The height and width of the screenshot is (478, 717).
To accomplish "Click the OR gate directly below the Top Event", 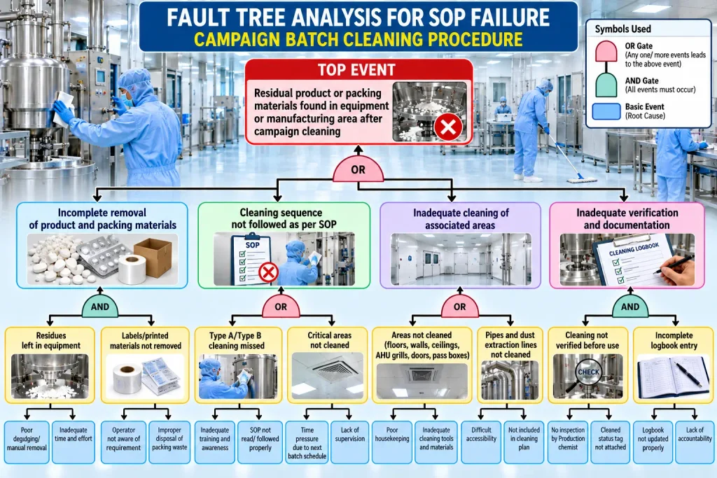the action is click(x=358, y=169).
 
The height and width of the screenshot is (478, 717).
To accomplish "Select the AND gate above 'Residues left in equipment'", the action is click(x=99, y=307).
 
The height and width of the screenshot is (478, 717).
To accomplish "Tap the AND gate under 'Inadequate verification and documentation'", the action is click(x=629, y=307).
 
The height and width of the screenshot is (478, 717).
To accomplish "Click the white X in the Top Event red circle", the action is click(x=447, y=127).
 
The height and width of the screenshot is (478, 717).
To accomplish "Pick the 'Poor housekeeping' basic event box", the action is click(x=392, y=442).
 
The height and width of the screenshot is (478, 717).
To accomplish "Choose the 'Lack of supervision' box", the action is click(x=350, y=442).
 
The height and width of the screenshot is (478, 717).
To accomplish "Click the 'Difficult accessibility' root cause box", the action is click(x=481, y=442).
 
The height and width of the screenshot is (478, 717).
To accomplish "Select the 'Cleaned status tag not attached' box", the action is click(x=610, y=442).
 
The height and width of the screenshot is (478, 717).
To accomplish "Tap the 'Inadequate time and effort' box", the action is click(x=73, y=442).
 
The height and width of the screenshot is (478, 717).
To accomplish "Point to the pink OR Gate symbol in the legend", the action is click(x=606, y=51).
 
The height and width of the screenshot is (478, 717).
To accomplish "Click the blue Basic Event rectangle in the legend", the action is click(x=606, y=111).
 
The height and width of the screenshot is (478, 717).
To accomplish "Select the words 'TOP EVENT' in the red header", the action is click(x=356, y=70).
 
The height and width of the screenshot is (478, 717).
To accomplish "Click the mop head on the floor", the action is click(x=581, y=179).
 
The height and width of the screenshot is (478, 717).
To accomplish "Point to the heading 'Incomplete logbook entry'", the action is click(x=674, y=340).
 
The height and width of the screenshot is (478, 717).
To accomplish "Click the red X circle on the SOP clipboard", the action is click(x=268, y=273).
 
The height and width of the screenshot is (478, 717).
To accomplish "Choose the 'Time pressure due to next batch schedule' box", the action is click(x=307, y=442).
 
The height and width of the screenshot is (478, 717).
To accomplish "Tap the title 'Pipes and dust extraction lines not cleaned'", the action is click(x=510, y=344).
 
